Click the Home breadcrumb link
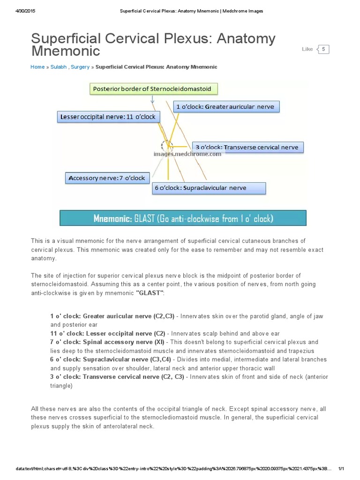click(37, 67)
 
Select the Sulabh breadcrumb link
click(59, 67)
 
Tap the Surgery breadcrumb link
click(80, 67)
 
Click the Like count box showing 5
click(323, 49)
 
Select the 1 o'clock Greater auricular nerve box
click(226, 107)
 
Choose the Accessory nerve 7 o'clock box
click(107, 178)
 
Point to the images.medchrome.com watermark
click(187, 154)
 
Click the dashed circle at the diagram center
click(167, 146)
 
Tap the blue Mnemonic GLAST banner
click(183, 218)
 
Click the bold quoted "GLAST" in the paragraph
click(150, 293)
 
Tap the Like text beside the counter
click(307, 49)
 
